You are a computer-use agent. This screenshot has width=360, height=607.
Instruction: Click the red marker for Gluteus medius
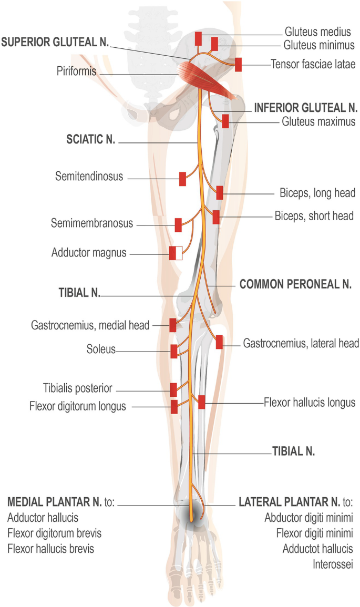pos(198,38)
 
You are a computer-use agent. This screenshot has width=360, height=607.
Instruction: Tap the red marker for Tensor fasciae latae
pos(238,65)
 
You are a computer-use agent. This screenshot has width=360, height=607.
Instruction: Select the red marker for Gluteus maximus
pos(225,121)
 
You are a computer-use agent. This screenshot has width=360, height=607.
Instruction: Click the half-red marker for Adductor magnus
pos(175,253)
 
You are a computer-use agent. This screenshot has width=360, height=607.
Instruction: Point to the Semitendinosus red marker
pos(183,179)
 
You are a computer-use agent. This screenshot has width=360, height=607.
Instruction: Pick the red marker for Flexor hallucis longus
pos(202,402)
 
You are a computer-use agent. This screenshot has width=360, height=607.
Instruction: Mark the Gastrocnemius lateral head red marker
pos(220,343)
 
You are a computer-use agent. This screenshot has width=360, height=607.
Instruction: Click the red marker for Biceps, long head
pos(220,193)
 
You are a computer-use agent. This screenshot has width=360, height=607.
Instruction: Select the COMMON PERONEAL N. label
pos(295,284)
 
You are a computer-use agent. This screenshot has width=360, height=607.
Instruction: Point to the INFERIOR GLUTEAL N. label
pos(306,108)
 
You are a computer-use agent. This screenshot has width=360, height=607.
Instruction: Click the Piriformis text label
pos(76,71)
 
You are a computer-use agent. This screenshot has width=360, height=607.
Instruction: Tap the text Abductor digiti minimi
pos(308,517)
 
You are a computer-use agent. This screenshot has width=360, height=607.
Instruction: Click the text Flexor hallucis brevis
pos(54,549)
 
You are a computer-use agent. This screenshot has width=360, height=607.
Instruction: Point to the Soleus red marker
pos(174,351)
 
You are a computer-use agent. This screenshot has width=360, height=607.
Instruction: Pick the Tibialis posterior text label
pos(78,389)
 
